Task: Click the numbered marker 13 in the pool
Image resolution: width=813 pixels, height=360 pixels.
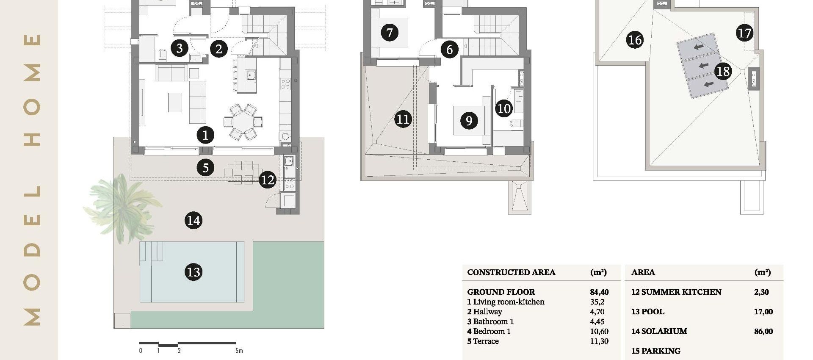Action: [194, 272]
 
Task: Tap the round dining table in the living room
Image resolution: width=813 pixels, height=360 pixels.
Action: [243, 122]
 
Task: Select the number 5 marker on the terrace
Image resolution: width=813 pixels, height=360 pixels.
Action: [205, 168]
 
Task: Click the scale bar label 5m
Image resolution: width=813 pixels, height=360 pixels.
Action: [239, 351]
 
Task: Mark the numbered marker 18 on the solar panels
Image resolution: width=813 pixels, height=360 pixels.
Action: [723, 71]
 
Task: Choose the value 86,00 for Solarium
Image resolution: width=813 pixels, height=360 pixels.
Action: [763, 332]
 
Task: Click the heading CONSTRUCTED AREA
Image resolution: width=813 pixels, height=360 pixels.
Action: [511, 272]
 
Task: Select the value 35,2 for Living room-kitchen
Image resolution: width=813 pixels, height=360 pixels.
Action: [597, 302]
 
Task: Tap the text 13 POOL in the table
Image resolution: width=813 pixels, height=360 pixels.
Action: [647, 312]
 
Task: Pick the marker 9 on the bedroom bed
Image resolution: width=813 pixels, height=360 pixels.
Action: [469, 121]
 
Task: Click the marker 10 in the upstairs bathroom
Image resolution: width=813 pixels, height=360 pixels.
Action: [504, 108]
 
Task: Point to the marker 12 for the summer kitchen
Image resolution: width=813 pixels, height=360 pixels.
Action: [268, 180]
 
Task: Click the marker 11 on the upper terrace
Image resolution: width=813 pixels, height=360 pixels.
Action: [403, 119]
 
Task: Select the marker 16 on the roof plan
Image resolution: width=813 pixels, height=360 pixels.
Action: [635, 40]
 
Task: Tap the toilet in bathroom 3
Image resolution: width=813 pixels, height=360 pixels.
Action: [162, 55]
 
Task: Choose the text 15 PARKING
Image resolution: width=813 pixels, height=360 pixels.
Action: [655, 351]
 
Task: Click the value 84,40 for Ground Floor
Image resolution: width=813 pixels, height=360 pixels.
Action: [599, 292]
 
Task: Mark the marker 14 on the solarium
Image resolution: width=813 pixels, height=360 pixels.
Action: [194, 220]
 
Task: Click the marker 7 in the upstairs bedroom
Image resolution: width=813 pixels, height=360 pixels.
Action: [390, 32]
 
